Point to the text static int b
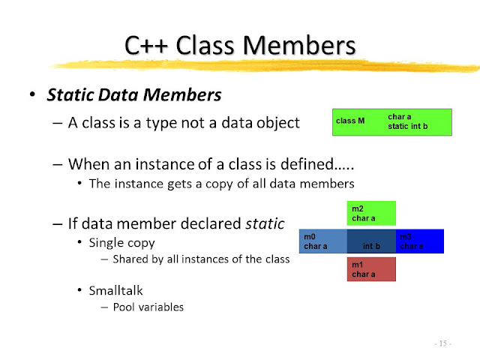(x=409, y=127)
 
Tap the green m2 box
(x=371, y=213)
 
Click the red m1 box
(x=371, y=269)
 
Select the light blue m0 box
(x=322, y=241)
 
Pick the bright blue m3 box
(x=420, y=241)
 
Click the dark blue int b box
(x=371, y=241)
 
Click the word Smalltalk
(x=115, y=289)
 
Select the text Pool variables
(x=148, y=306)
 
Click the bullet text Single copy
(x=122, y=243)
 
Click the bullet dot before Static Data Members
(x=31, y=96)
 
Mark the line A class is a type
(x=184, y=123)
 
